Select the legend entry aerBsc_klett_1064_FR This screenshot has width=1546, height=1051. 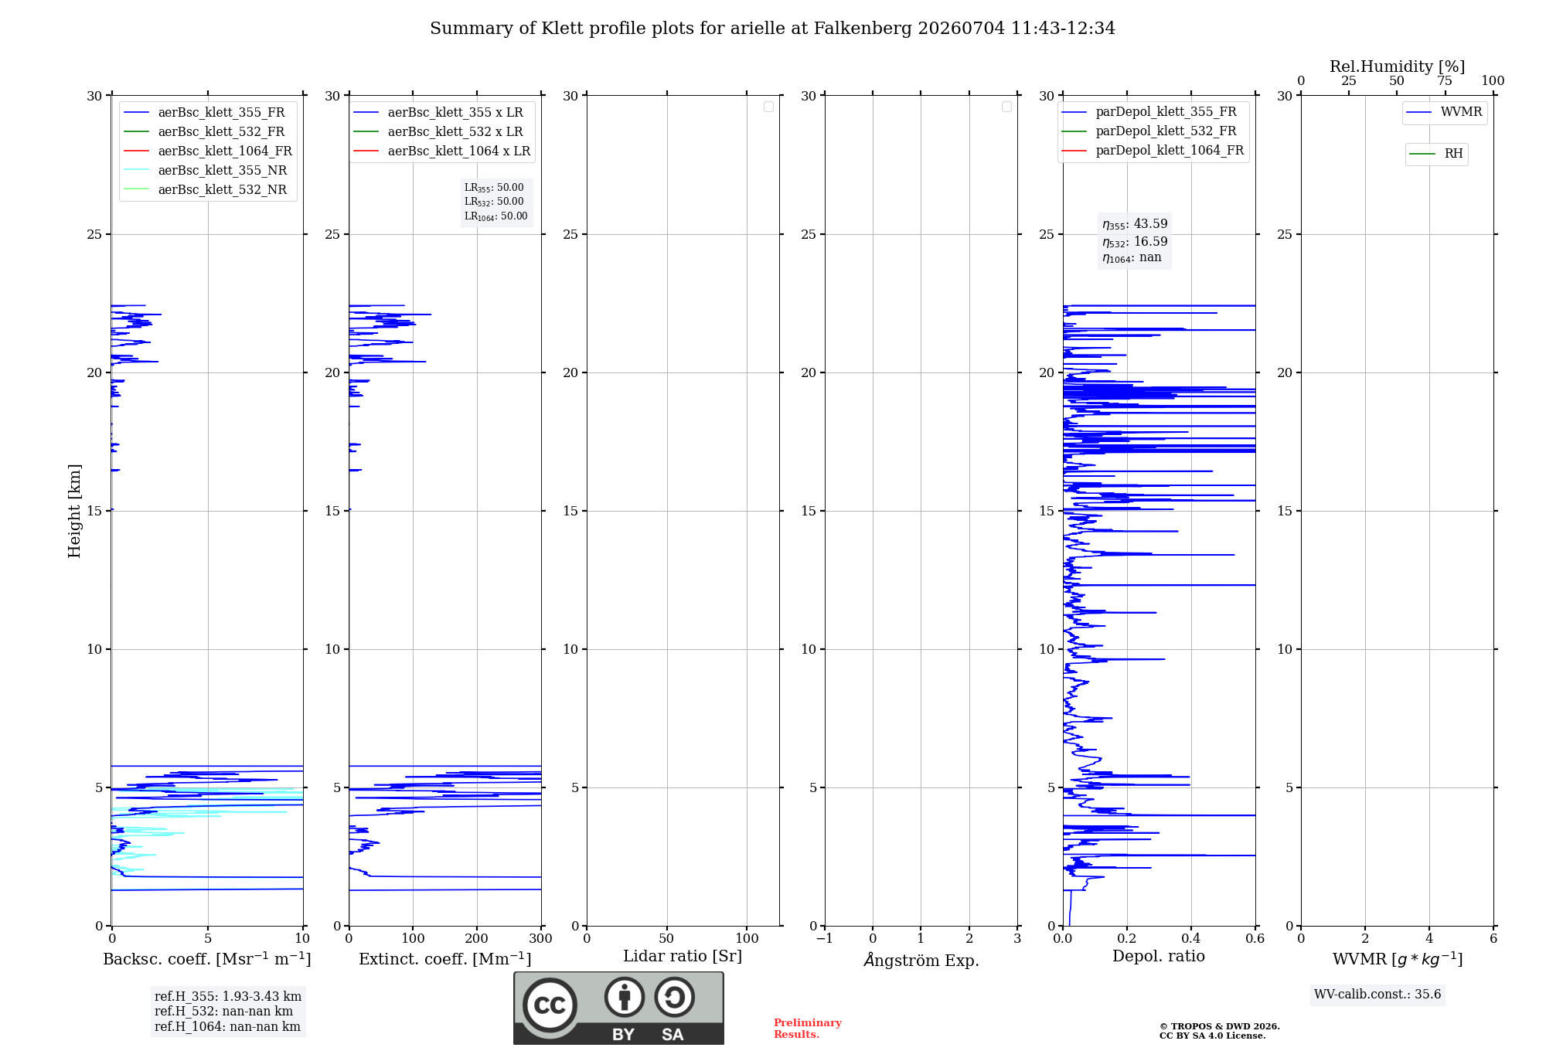[208, 151]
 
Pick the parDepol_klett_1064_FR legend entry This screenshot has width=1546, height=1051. [1153, 151]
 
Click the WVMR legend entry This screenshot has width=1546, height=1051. [1444, 112]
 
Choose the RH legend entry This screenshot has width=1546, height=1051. [1436, 154]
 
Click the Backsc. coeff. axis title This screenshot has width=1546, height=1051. [207, 959]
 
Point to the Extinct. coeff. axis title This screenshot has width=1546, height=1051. [445, 959]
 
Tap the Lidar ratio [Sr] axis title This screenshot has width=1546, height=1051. [683, 957]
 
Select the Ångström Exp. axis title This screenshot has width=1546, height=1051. [921, 960]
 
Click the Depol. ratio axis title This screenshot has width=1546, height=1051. [1159, 957]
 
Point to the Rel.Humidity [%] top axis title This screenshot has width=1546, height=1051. [1398, 66]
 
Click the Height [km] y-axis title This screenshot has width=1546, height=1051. [74, 511]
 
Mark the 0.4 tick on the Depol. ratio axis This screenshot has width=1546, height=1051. [1191, 938]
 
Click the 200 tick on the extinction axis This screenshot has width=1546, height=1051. [477, 938]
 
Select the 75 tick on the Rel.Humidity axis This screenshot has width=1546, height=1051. [1445, 81]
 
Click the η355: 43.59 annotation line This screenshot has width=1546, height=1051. [1135, 224]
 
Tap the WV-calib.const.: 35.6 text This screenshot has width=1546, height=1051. [1377, 995]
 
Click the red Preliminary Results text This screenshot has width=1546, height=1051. [808, 1029]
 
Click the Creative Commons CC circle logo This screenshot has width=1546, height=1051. [550, 1005]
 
